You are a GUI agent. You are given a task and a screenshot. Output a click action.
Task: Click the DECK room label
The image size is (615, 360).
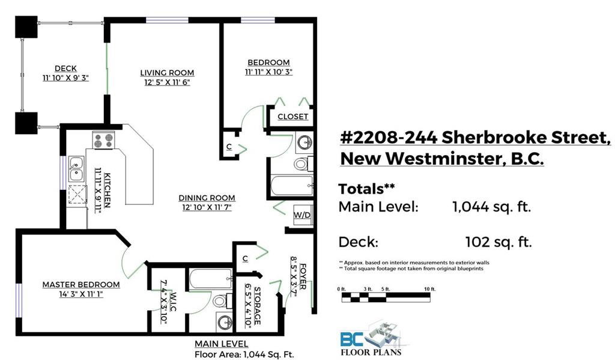click(65, 69)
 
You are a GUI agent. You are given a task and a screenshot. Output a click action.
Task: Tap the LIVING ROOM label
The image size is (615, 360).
click(167, 73)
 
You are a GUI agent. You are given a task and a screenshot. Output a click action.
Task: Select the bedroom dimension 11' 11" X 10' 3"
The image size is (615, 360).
click(268, 72)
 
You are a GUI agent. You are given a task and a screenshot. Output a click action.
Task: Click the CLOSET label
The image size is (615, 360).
click(292, 117)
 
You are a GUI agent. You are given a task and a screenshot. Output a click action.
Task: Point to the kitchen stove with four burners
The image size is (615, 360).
click(104, 140)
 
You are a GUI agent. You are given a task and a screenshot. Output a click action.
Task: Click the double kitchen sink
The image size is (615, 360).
click(76, 169)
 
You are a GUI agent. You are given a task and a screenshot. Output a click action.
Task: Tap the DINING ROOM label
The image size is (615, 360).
click(207, 198)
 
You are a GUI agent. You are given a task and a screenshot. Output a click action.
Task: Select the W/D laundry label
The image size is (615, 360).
click(302, 215)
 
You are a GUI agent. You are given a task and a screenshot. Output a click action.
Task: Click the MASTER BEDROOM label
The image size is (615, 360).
click(81, 285)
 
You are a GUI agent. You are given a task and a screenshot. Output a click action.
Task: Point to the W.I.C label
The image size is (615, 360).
click(174, 302)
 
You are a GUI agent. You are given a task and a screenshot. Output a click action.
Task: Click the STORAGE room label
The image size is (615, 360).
click(257, 306)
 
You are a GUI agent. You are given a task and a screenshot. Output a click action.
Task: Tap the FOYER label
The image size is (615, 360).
click(303, 276)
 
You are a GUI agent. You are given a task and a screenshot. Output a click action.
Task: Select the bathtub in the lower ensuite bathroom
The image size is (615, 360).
click(211, 279)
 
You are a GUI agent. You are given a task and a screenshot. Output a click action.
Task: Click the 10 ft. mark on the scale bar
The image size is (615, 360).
click(430, 289)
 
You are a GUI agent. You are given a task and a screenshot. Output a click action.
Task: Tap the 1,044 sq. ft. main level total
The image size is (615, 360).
click(491, 207)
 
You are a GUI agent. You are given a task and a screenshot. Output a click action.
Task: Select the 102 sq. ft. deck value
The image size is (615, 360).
click(498, 242)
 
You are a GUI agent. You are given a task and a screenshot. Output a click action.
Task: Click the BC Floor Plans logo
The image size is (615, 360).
click(371, 339)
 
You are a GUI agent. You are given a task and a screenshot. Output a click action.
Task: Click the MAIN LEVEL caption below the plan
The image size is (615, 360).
click(221, 344)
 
